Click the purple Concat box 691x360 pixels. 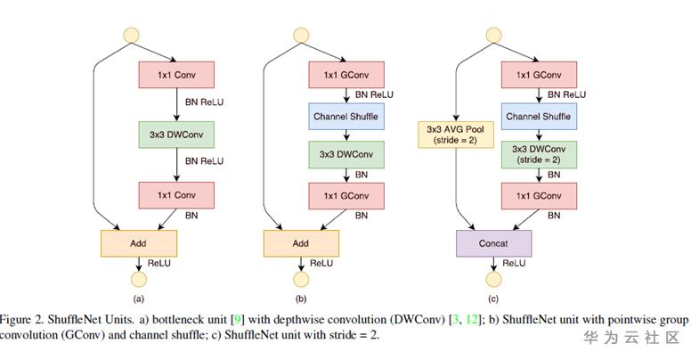492,242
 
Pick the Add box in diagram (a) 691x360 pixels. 138,242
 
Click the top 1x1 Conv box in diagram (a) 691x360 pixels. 172,75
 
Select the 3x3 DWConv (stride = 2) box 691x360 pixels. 538,154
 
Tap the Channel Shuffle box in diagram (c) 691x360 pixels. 538,116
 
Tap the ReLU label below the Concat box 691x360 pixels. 515,264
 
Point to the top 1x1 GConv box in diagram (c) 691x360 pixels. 538,75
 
